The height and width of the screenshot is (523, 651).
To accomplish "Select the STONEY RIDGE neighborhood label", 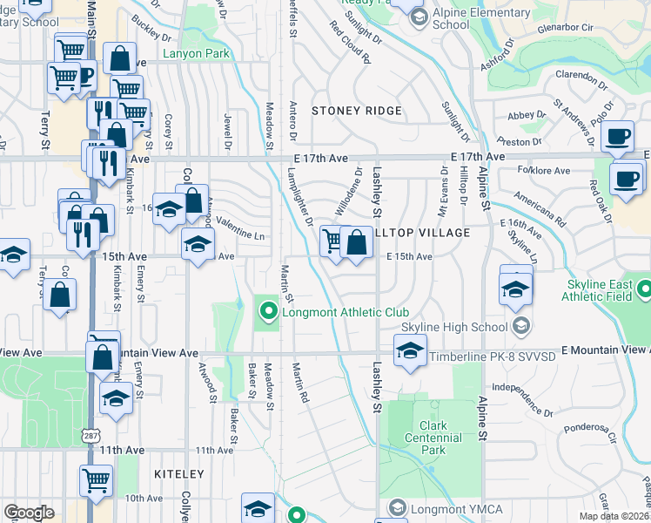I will point(357,111).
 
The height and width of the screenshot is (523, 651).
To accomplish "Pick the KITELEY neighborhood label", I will point(178,474).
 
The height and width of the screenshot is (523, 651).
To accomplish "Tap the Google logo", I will point(29,513).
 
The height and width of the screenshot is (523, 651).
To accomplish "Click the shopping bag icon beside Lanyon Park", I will point(120,59).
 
